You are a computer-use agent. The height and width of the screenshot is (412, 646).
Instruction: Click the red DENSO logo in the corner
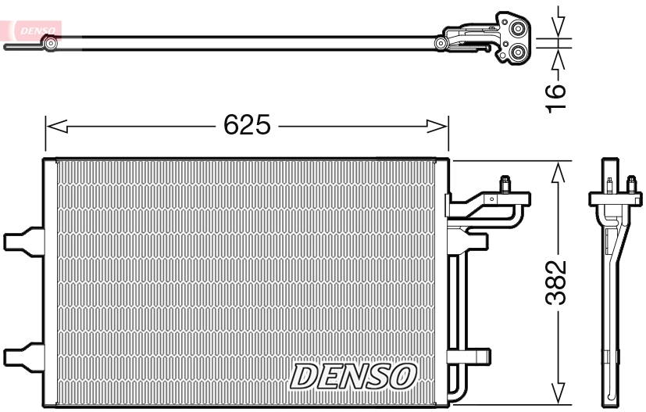pyautogui.click(x=33, y=27)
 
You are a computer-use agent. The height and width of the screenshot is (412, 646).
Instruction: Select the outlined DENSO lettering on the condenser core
pyautogui.click(x=352, y=376)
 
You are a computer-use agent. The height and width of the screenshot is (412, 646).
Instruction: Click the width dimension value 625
pyautogui.click(x=247, y=125)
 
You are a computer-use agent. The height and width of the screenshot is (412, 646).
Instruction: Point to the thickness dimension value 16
pyautogui.click(x=555, y=91)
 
